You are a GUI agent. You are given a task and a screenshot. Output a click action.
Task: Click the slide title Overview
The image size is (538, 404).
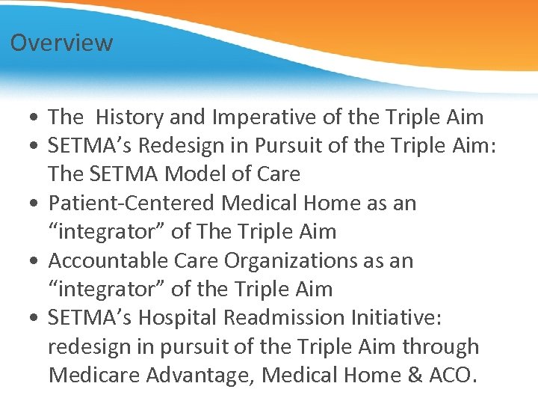(61, 43)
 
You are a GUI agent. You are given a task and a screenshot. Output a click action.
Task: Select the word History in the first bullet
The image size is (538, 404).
(130, 117)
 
